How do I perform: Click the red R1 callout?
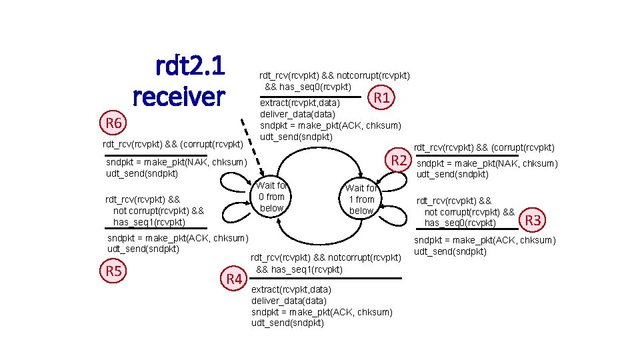[x=381, y=99]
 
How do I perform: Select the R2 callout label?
[x=399, y=160]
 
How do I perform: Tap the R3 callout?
[x=534, y=219]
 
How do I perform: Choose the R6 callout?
[x=113, y=123]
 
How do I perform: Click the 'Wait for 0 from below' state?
[x=271, y=197]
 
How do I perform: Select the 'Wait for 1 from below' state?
[x=361, y=199]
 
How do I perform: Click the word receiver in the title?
[x=179, y=97]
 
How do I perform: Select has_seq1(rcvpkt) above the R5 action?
[x=149, y=222]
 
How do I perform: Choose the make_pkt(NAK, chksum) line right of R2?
[x=487, y=164]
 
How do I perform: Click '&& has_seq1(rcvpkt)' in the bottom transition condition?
[x=299, y=269]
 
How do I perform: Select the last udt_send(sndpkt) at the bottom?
[x=287, y=323]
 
